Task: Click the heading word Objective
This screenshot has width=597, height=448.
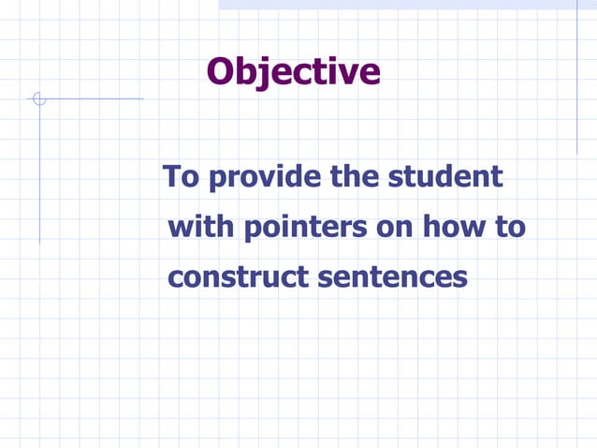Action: click(293, 72)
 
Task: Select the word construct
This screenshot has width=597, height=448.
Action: click(238, 277)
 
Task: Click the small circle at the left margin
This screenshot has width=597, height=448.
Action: click(38, 98)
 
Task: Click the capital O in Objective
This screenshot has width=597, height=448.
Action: click(221, 72)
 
